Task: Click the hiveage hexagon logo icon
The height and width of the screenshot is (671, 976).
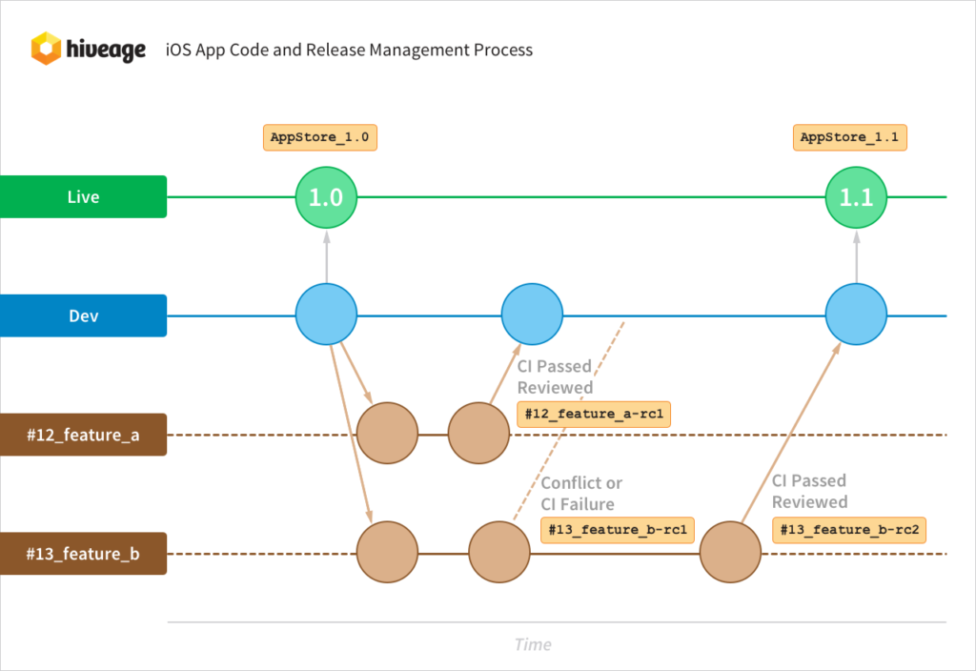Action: coord(46,49)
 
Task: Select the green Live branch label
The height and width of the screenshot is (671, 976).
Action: coord(84,197)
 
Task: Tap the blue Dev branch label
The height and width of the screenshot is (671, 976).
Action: coord(84,315)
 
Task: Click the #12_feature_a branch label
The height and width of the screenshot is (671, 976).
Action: coord(84,435)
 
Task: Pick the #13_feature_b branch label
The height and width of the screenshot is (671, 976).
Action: coord(84,554)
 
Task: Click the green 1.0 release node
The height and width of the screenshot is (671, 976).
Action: coord(326,197)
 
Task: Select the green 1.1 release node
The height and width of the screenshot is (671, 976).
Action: coord(856,197)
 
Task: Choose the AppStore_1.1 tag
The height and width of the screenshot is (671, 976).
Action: coord(850,137)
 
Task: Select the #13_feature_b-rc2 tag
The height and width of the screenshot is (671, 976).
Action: coord(849,530)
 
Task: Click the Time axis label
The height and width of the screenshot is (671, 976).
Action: coord(533,644)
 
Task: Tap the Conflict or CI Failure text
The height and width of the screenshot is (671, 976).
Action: coord(581,494)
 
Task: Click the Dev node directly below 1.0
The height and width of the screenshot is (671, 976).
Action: coord(326,315)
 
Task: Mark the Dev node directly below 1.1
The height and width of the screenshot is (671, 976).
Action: coord(856,315)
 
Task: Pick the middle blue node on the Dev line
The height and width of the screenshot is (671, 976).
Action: coord(533,315)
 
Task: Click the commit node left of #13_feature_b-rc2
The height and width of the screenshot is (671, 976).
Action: coord(730,553)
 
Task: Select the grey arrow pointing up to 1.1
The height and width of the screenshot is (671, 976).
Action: coord(856,257)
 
